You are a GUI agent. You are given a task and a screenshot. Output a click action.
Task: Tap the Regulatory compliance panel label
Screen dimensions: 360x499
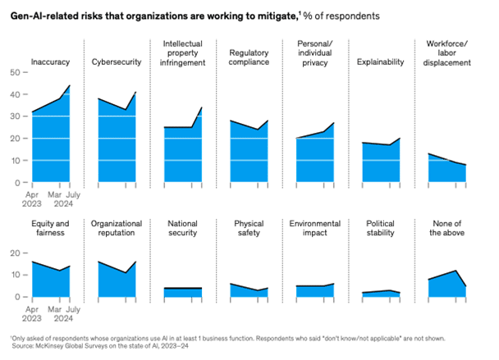[x=249, y=57]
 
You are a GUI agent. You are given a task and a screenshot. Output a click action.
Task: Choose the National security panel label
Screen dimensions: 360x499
[x=182, y=227]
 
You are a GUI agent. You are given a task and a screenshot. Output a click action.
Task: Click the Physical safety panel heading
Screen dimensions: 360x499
[x=249, y=227]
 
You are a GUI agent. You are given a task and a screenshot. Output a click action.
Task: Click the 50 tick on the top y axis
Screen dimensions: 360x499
[x=13, y=72]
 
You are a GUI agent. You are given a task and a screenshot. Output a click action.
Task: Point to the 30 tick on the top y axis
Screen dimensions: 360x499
[x=13, y=116]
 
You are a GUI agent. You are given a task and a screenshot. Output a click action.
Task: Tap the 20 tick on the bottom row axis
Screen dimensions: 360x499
[x=13, y=253]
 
